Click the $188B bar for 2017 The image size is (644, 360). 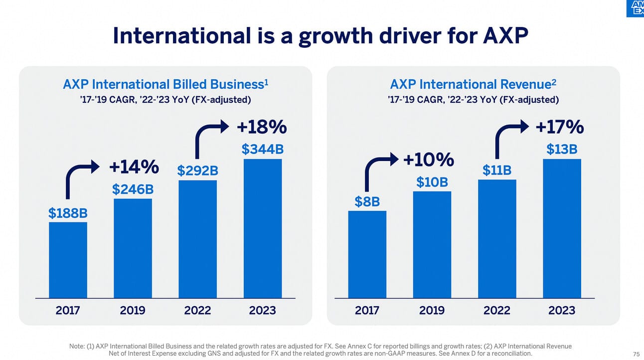click(x=68, y=260)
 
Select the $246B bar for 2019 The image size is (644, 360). click(x=133, y=248)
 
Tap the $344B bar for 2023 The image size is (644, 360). click(x=262, y=228)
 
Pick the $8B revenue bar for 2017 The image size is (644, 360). click(x=367, y=254)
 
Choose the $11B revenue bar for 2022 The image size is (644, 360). click(x=497, y=239)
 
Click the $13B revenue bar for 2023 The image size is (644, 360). click(x=562, y=228)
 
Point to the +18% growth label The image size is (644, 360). click(x=262, y=127)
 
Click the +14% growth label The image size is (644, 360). click(x=134, y=168)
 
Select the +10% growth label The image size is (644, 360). click(x=429, y=160)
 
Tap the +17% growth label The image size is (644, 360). click(x=559, y=127)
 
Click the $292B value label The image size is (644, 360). click(x=197, y=171)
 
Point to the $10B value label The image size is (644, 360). click(x=432, y=182)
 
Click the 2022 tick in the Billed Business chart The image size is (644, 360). click(x=197, y=310)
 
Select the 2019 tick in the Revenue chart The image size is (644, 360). click(x=432, y=310)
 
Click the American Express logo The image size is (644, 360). click(x=635, y=8)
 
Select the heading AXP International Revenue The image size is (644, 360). click(x=473, y=84)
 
